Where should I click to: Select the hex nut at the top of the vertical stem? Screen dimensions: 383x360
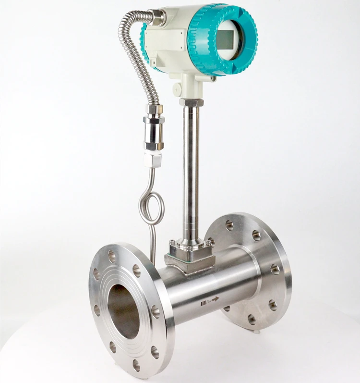pyautogui.click(x=191, y=102)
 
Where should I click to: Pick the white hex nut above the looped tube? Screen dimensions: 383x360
pyautogui.click(x=153, y=159)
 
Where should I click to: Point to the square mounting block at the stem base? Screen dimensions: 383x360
pyautogui.click(x=190, y=254)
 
